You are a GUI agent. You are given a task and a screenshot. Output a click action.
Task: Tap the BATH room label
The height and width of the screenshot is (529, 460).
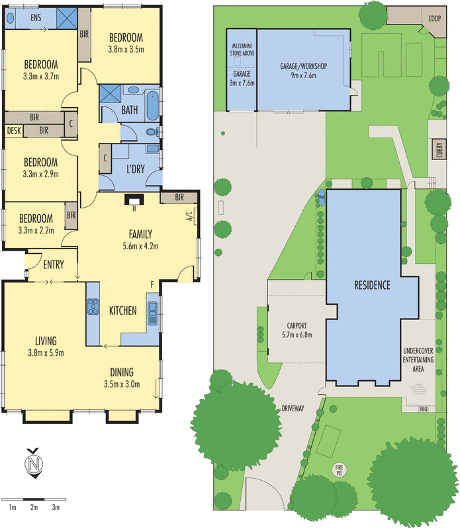point(130,110)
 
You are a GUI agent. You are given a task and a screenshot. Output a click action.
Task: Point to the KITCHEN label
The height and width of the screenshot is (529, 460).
point(123,310)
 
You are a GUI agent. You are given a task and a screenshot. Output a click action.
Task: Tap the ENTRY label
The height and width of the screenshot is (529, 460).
point(54,265)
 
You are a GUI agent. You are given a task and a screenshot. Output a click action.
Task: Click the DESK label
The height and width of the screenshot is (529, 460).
point(14,131)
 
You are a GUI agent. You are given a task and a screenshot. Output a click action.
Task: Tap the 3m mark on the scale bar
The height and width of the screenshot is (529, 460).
point(56,507)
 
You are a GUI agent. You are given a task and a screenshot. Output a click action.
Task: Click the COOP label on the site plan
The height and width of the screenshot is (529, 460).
point(434,19)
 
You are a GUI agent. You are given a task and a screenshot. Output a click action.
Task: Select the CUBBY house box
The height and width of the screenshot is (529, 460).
point(438,150)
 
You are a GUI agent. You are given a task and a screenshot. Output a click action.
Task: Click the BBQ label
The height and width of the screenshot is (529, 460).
point(424,409)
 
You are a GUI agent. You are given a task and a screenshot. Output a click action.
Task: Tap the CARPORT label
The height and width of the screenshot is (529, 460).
point(295,325)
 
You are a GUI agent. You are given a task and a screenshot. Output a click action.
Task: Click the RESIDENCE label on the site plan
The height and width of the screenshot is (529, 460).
point(372,286)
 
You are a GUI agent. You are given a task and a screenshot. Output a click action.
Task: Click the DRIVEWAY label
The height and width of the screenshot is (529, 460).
point(292,409)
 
